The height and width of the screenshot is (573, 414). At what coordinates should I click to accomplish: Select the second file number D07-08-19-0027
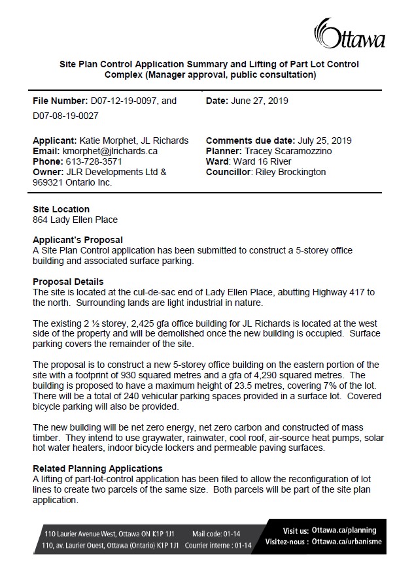pyautogui.click(x=65, y=116)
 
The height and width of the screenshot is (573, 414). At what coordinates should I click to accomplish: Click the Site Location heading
pyautogui.click(x=61, y=209)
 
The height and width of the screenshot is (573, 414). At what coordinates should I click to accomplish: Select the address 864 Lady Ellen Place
pyautogui.click(x=75, y=220)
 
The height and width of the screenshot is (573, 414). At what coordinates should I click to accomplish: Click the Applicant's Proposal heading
pyautogui.click(x=78, y=240)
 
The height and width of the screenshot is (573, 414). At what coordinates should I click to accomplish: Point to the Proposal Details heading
pyautogui.click(x=68, y=281)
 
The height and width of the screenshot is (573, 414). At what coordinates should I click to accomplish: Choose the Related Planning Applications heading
pyautogui.click(x=97, y=468)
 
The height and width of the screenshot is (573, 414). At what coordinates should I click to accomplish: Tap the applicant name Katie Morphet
pyautogui.click(x=109, y=140)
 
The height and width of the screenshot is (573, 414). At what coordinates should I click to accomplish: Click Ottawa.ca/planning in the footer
pyautogui.click(x=349, y=530)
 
